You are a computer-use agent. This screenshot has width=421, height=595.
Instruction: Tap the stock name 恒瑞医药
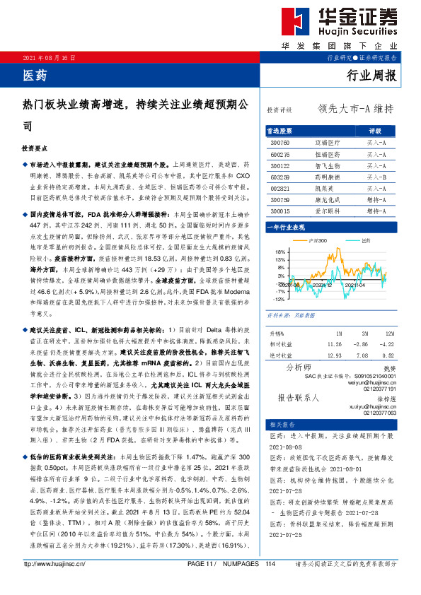[328, 152]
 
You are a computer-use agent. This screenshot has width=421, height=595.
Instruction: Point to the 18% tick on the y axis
[280, 251]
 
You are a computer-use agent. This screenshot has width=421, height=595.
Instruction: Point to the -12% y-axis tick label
[279, 299]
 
